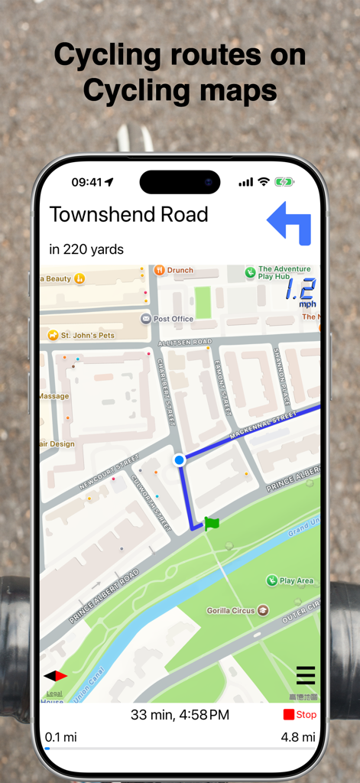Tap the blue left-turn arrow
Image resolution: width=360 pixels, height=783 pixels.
coord(290,223)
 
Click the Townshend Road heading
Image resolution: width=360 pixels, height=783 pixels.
coord(128,215)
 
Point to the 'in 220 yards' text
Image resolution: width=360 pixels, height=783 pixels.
coord(86,249)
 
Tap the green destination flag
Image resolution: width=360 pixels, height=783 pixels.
coord(211,524)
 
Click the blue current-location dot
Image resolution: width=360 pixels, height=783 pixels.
coord(179,460)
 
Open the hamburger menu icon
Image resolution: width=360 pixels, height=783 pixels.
coord(306,676)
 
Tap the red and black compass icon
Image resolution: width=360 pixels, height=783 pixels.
coord(56,676)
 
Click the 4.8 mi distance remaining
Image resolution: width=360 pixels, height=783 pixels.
coord(298,737)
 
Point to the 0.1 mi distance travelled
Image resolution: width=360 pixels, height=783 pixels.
coord(61,737)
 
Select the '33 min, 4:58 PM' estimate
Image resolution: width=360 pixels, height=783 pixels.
coord(180,715)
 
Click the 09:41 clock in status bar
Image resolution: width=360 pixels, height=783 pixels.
coord(86,182)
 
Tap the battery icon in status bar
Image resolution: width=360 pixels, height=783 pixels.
coord(284,182)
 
